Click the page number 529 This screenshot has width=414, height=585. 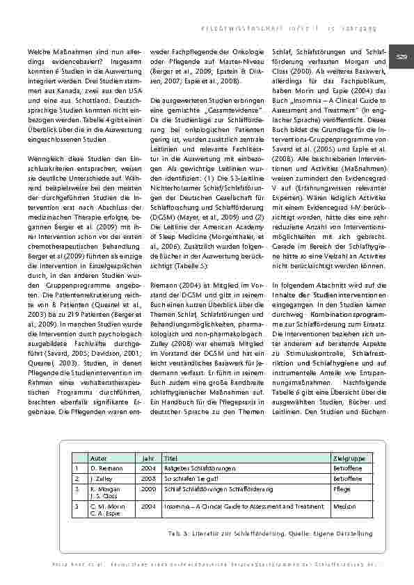[x=401, y=56]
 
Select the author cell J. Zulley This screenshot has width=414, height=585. [x=100, y=479]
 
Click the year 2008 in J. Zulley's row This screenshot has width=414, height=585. [x=148, y=479]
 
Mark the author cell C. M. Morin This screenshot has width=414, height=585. [x=105, y=506]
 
